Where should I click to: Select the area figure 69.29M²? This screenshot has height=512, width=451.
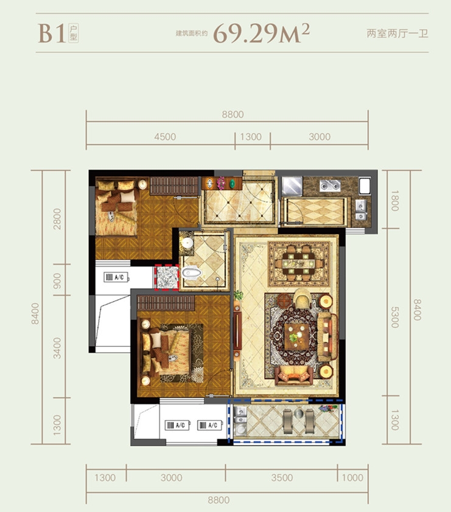pos(261,33)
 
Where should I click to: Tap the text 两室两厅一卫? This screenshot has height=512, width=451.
pos(397,33)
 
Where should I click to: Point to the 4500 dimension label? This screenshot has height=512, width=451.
pos(165,136)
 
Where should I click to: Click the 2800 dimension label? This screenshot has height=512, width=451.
pos(57,219)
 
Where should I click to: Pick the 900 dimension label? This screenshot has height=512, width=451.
pos(57,281)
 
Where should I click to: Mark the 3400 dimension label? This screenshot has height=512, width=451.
pos(57,348)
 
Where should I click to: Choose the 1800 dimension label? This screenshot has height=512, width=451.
pos(395,201)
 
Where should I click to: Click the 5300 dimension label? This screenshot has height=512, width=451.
pos(395,317)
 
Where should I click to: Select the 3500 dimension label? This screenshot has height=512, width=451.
pos(282,478)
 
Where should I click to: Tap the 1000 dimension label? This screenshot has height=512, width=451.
pos(352,478)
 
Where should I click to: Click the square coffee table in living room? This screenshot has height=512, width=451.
pos(297,336)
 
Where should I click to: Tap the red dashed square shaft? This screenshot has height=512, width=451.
pos(167,277)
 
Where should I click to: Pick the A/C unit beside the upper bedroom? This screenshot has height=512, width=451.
pos(116,277)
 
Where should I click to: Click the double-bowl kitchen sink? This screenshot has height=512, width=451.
pos(330,185)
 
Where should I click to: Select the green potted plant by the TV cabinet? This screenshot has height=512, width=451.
pos(239,296)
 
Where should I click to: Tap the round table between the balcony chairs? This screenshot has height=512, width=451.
pos(299,413)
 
